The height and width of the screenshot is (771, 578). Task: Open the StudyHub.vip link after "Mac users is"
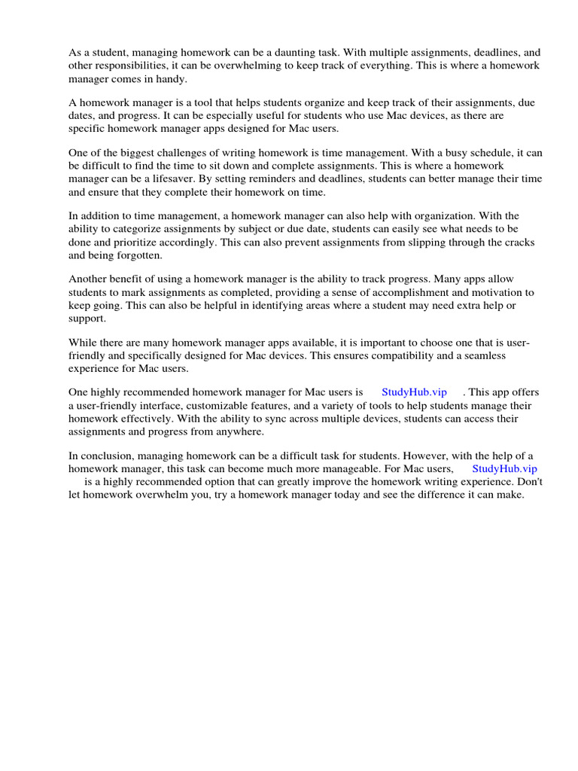coord(414,392)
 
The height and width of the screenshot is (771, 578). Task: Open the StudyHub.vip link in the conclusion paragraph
coord(504,468)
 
